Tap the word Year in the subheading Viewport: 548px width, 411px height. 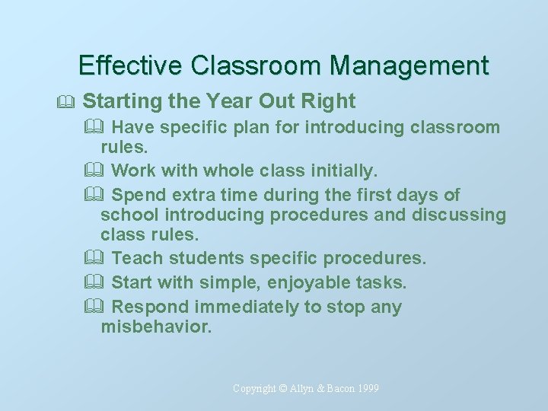[x=229, y=100]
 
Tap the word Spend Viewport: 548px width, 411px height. [x=137, y=195]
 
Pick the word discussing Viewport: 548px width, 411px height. [x=459, y=215]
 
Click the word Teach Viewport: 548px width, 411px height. [x=136, y=258]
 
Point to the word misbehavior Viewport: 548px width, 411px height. [x=156, y=327]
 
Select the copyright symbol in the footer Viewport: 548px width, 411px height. [x=284, y=389]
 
